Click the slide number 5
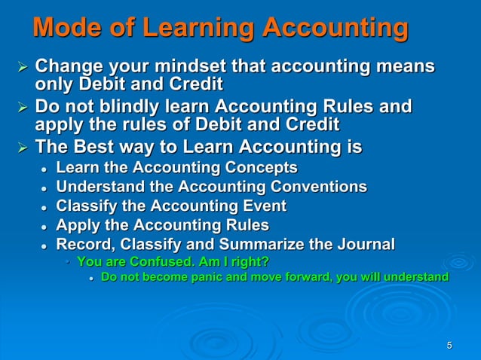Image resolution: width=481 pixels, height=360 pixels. tap(449, 346)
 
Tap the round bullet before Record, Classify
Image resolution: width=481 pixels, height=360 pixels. tap(45, 246)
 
